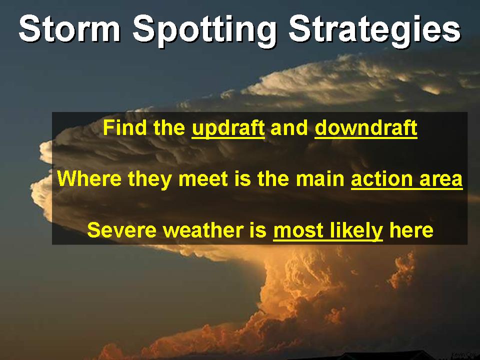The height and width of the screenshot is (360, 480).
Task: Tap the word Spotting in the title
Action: pos(205,30)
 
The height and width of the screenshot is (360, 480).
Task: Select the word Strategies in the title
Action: pos(374,30)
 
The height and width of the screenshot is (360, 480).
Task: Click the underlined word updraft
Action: pos(228,128)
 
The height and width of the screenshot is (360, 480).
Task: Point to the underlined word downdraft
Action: pos(366,128)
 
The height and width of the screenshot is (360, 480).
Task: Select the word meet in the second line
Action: pos(203,179)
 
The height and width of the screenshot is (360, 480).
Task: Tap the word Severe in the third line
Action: pos(121,230)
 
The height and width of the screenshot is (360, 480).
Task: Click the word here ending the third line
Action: pos(411,230)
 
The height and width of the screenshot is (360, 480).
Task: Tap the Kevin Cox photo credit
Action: pos(464,354)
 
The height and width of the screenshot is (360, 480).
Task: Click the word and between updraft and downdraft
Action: pos(289,128)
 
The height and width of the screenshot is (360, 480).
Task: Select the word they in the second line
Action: pos(149,179)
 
